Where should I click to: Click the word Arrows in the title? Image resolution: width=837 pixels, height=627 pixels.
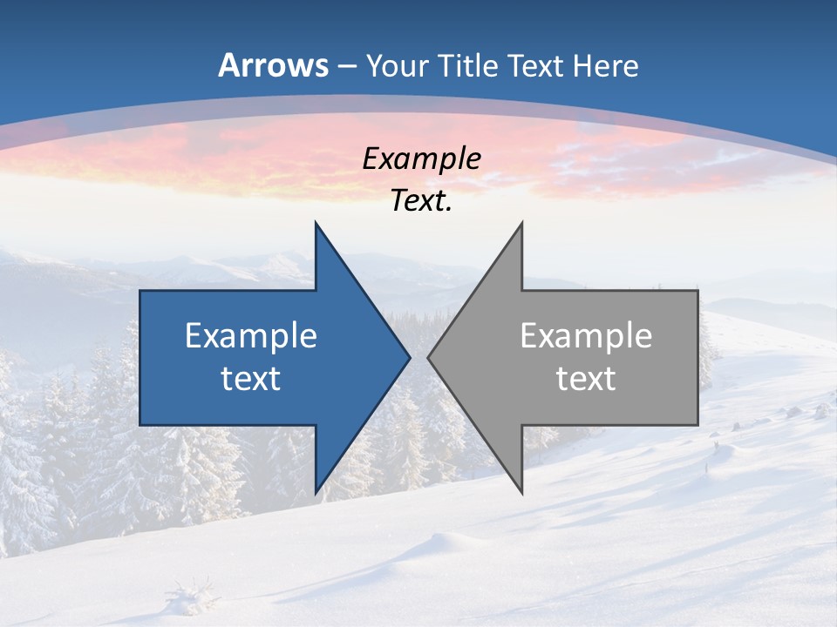274,65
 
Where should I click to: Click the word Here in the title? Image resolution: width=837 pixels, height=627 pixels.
605,65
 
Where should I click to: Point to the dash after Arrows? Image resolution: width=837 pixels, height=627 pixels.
346,66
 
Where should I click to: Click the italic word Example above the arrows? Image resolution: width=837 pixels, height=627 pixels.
421,159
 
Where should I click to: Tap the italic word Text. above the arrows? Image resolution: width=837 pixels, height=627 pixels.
421,201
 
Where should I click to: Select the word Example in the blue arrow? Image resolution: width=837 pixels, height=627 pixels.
251,336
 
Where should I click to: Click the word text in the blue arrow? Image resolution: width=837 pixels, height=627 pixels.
251,379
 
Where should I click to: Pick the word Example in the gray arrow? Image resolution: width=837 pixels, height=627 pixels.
586,336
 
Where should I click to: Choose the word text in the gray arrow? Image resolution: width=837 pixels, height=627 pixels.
586,379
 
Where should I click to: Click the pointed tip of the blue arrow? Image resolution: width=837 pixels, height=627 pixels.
410,357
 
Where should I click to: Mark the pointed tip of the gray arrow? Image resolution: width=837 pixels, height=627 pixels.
428,357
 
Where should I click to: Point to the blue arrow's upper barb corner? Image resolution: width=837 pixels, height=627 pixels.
316,223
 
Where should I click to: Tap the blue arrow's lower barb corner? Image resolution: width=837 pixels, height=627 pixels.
316,493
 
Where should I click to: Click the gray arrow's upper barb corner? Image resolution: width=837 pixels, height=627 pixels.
522,223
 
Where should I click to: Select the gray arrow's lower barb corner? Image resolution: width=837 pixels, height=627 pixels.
522,493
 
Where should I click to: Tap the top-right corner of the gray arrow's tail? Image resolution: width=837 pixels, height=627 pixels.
697,291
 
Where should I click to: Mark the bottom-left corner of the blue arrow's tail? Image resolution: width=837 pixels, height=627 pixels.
140,425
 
